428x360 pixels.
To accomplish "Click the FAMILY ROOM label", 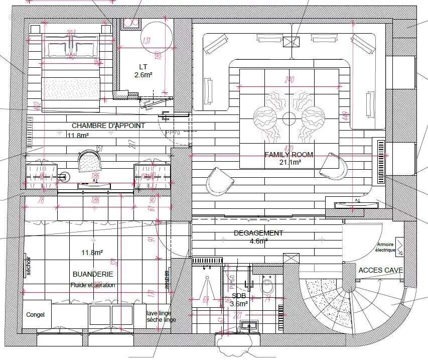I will tap(289, 155).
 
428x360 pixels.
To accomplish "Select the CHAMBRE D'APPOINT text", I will tap(108, 126).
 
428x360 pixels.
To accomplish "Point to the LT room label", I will tap(143, 67).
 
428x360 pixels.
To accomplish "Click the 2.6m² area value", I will tap(143, 75).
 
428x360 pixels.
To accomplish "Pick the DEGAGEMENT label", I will tap(258, 233).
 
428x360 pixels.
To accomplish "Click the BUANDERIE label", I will tap(93, 274).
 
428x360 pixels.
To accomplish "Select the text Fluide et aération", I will tap(93, 285).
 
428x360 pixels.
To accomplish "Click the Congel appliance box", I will tap(36, 315).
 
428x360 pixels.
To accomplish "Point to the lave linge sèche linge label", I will tap(161, 316).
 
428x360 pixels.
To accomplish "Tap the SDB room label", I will tap(239, 296).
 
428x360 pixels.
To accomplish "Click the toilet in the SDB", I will tap(267, 286).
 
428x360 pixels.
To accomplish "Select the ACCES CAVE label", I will tap(381, 270).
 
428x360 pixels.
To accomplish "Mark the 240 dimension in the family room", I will tap(289, 79).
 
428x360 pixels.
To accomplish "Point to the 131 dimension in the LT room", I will tap(147, 41).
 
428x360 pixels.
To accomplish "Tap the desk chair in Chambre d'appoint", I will tap(89, 161).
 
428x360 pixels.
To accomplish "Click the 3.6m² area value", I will tap(239, 304).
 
